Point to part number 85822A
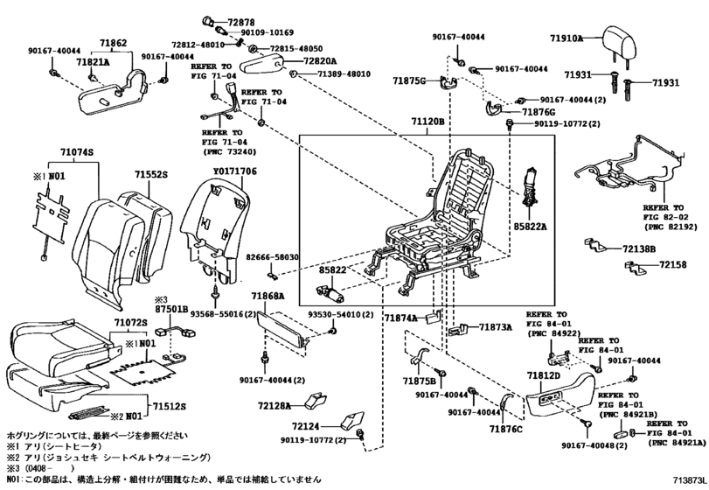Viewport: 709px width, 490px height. coord(530,226)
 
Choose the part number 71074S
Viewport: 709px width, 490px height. coord(77,153)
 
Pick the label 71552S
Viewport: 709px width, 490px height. coord(150,175)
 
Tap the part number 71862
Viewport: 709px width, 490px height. coord(113,42)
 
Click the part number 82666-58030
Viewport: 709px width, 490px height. coord(272,258)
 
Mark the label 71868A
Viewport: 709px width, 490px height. coord(266,297)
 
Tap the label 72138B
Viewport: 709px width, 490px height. coord(639,248)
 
